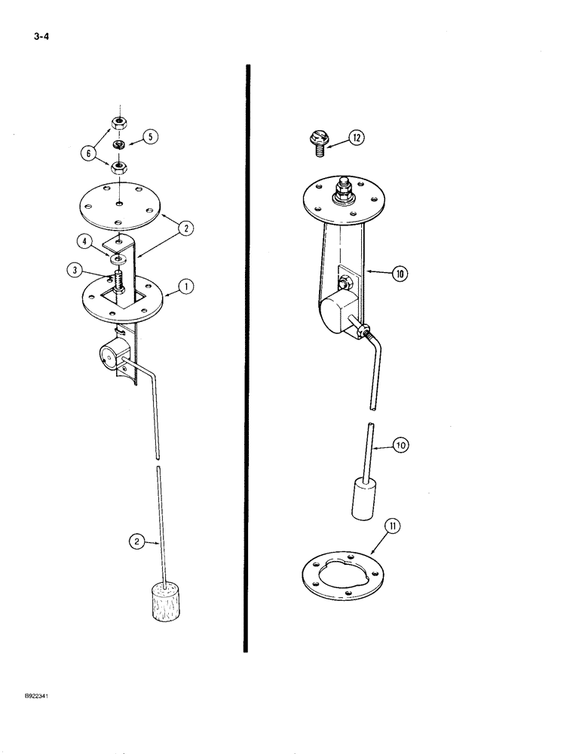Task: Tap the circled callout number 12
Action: tap(357, 138)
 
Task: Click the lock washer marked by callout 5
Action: tap(119, 144)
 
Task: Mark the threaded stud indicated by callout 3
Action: tap(118, 286)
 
